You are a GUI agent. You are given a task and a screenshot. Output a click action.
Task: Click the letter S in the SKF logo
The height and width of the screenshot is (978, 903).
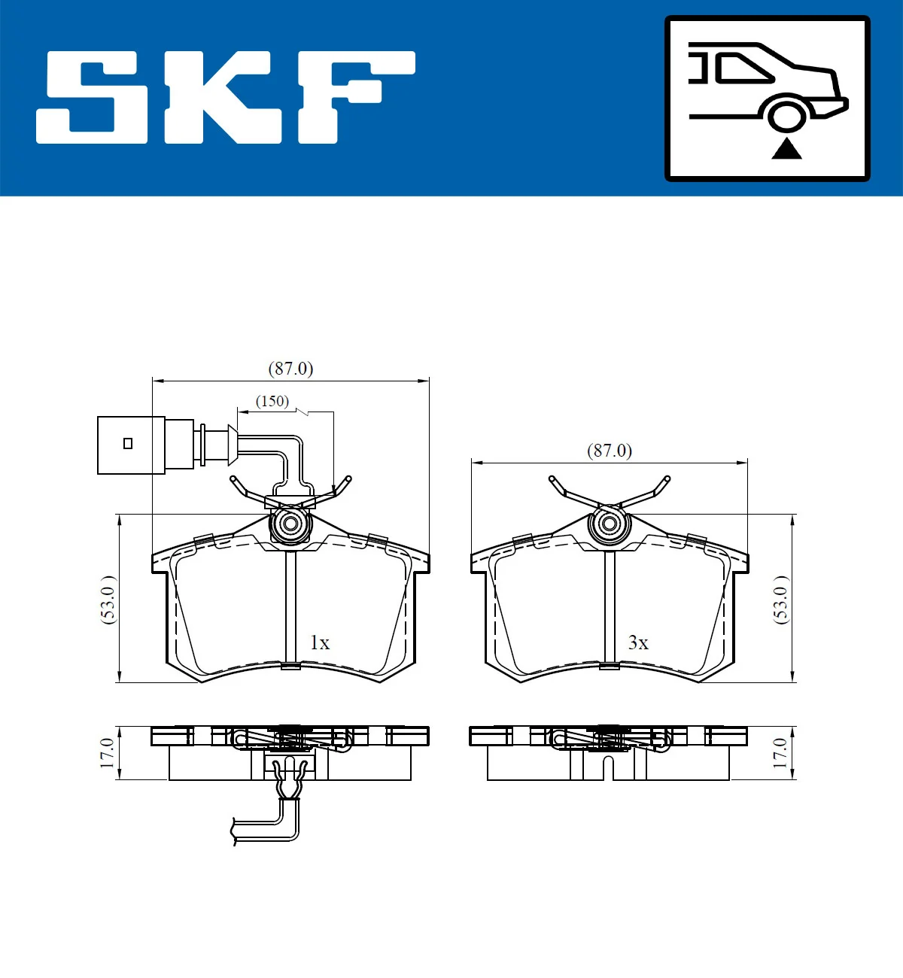pyautogui.click(x=92, y=96)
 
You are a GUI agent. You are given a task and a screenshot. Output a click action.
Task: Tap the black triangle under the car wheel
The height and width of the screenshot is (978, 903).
pyautogui.click(x=786, y=148)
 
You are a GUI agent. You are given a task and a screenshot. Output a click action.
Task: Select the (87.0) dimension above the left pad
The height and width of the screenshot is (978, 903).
pyautogui.click(x=290, y=369)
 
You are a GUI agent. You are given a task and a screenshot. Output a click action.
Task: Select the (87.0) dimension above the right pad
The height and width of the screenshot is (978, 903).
pyautogui.click(x=609, y=451)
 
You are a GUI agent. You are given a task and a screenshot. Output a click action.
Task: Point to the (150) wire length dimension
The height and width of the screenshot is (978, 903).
pyautogui.click(x=272, y=401)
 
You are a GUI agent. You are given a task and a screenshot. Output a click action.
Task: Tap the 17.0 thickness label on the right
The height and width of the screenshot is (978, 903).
pyautogui.click(x=780, y=753)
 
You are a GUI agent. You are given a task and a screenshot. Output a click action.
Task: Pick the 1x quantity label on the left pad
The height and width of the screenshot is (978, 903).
pyautogui.click(x=320, y=642)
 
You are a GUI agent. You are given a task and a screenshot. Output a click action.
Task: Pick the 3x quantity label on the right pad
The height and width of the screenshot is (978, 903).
pyautogui.click(x=638, y=642)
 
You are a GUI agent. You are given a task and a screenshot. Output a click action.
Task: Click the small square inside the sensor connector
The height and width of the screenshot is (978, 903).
pyautogui.click(x=128, y=443)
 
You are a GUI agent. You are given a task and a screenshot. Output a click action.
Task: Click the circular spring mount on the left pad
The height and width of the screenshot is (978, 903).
pyautogui.click(x=290, y=524)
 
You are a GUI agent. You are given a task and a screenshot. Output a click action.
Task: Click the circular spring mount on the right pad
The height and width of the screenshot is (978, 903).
pyautogui.click(x=609, y=524)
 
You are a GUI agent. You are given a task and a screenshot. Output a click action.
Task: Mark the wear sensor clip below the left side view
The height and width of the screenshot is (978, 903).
pyautogui.click(x=290, y=779)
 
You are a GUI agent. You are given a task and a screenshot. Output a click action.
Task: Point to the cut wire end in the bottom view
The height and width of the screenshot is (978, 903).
pyautogui.click(x=236, y=831)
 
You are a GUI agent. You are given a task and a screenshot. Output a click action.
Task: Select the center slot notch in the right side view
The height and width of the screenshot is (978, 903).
pyautogui.click(x=609, y=767)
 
